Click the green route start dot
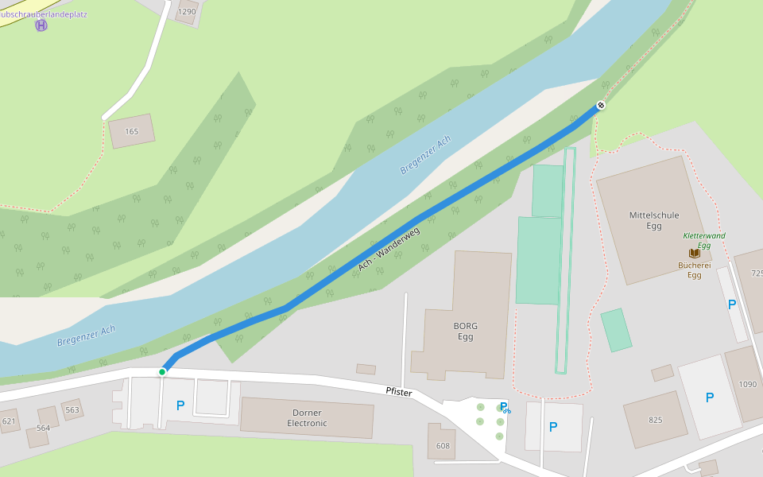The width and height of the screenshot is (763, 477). point(162,371)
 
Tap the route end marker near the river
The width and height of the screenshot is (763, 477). point(601,105)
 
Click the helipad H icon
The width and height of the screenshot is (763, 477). point(41,25)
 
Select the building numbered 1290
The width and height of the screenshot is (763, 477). point(187,12)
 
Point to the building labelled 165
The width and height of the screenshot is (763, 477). point(132,131)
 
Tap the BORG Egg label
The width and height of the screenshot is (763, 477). point(466,332)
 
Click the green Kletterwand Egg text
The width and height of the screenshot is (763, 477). point(704,241)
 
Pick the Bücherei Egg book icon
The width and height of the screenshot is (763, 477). point(694,253)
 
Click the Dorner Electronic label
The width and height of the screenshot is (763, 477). point(307,418)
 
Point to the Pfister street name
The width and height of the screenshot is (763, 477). point(399,392)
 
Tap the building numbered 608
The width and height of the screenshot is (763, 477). point(443,446)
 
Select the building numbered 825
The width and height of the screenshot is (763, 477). point(655,420)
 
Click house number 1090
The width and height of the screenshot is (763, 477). point(747,384)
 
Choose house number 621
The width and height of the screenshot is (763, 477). point(9,421)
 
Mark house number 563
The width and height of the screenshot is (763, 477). point(72,410)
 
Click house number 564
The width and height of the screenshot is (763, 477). point(43,428)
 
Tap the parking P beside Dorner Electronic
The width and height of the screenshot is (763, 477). point(180,405)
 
